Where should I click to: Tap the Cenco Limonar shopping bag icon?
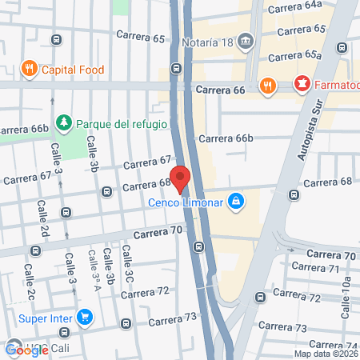(x=235, y=201)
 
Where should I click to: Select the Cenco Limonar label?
(x=186, y=202)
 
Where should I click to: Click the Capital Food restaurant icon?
(x=30, y=68)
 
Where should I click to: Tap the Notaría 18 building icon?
(x=246, y=40)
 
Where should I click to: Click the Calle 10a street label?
(x=347, y=294)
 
